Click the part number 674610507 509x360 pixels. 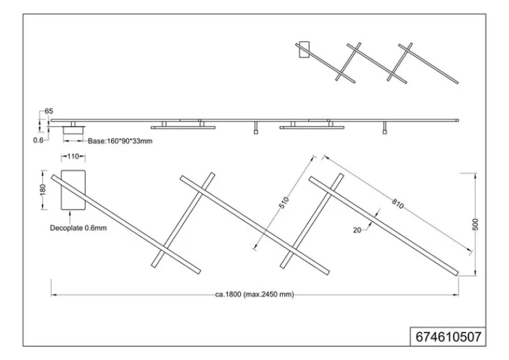pos(449,337)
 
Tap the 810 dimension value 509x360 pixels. pos(397,204)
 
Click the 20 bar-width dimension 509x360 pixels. pos(357,230)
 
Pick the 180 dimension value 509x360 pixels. pos(43,189)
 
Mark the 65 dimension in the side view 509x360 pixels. pos(48,111)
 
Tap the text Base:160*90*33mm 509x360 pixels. pos(119,141)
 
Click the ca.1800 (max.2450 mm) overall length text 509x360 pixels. pos(254,294)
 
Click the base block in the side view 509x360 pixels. pos(72,129)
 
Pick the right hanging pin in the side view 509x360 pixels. pos(384,130)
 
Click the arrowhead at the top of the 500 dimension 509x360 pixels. pos(476,175)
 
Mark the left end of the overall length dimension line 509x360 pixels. pos(52,294)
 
